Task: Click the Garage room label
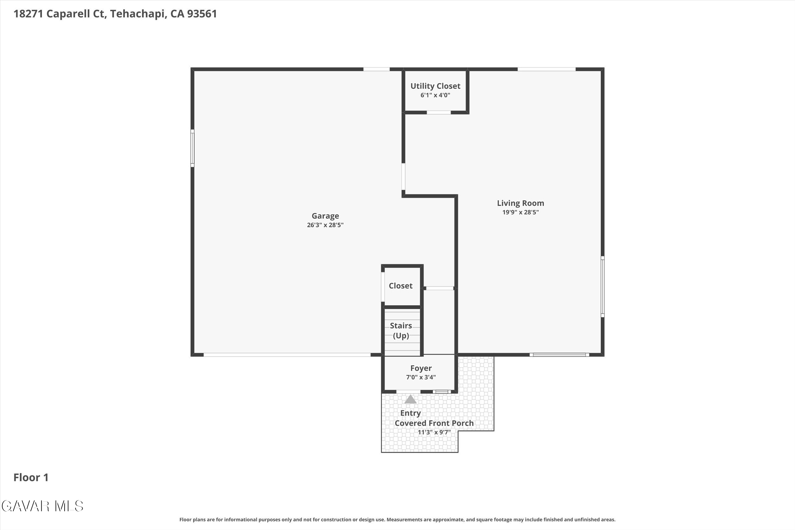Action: (x=325, y=216)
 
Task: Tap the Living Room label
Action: (x=520, y=203)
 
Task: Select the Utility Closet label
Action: (x=435, y=86)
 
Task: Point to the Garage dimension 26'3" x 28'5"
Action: (x=325, y=225)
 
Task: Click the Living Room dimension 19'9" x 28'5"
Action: (x=520, y=212)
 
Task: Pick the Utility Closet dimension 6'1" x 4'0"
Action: (x=435, y=95)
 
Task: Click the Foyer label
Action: (x=421, y=368)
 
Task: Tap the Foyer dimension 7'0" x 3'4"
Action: (x=421, y=377)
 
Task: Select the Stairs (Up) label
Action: (x=401, y=331)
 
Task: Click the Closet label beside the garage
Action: (x=401, y=286)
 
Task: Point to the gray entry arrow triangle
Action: (x=410, y=400)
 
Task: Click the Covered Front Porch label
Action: (x=434, y=423)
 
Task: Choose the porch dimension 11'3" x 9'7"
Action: (x=434, y=432)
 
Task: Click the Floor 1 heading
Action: (x=31, y=477)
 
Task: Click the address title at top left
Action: (x=115, y=14)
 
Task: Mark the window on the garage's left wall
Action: (x=192, y=148)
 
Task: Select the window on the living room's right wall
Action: (x=602, y=287)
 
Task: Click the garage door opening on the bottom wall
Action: (x=287, y=354)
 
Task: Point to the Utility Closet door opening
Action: (x=439, y=113)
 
